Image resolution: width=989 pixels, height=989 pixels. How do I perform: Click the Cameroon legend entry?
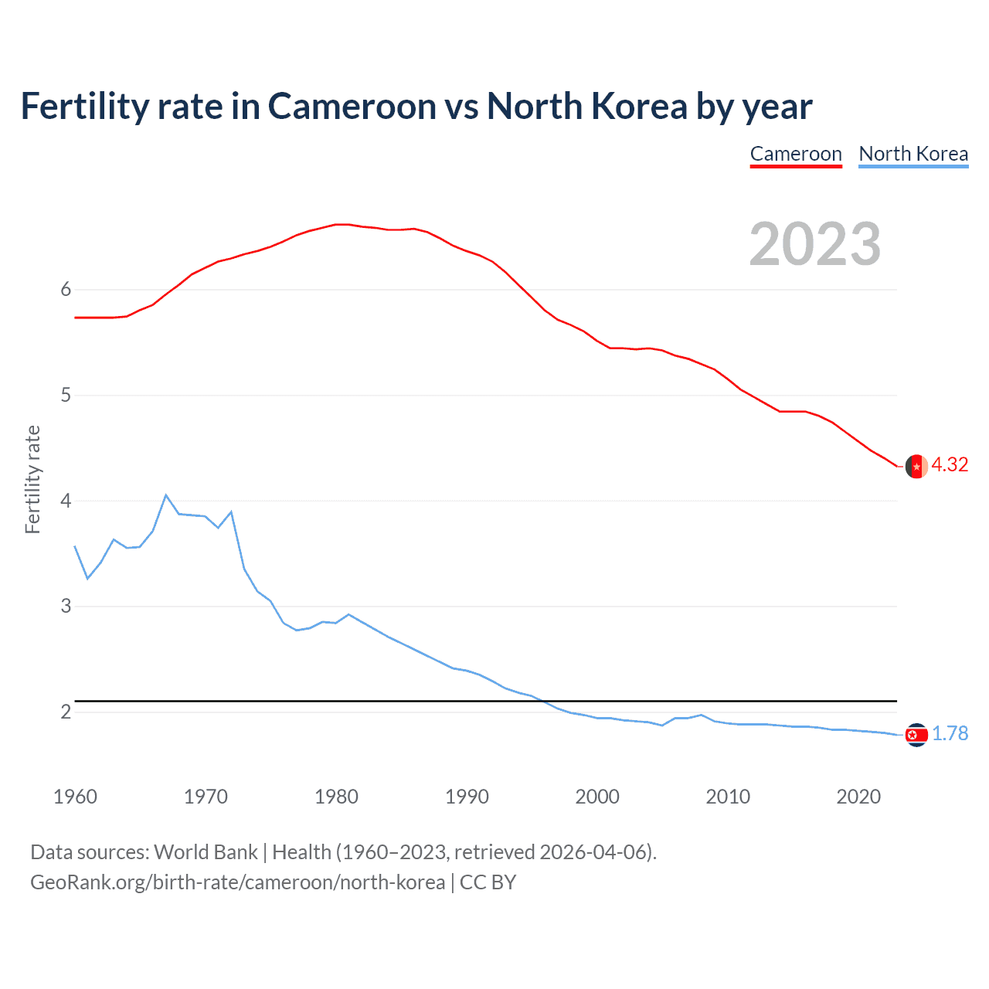coord(796,154)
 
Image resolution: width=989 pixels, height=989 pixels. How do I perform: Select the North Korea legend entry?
coord(913,154)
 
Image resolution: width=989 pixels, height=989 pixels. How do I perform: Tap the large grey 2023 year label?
coord(815,244)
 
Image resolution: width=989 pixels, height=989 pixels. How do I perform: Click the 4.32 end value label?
coord(950,464)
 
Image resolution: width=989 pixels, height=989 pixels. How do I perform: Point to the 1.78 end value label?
coord(950,733)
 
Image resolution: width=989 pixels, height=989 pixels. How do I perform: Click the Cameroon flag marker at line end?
coord(916,467)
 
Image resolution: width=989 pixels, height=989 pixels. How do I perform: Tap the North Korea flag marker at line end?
coord(916,735)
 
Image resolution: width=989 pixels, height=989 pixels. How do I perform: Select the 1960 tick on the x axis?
coord(75,797)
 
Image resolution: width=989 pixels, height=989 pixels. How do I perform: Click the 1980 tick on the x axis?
coord(336,797)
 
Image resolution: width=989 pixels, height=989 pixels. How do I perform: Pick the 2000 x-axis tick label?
coord(597,797)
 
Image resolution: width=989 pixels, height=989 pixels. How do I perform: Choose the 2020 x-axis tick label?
coord(858,797)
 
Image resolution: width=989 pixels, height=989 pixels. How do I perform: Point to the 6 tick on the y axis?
coord(66,290)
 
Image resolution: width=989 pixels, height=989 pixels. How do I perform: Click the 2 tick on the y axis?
coord(66,712)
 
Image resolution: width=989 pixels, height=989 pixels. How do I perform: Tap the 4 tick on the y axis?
coord(66,501)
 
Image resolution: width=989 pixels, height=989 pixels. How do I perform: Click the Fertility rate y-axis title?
coord(32,479)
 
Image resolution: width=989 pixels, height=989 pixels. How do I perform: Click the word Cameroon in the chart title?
coord(352,107)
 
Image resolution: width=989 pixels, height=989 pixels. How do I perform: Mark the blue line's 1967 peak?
coord(166,495)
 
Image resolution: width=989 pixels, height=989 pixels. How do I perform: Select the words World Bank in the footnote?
coord(206,852)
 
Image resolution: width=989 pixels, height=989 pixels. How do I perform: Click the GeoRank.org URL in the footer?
coord(237,882)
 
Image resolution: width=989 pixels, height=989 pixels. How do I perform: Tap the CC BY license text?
coord(488,882)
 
